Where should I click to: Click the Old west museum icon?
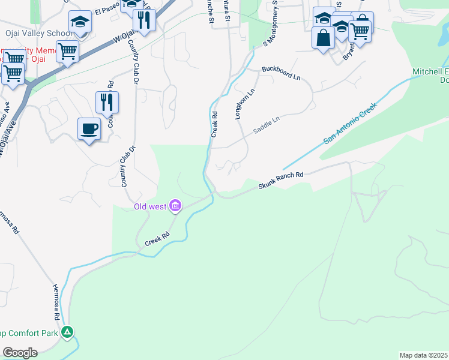tap(175, 207)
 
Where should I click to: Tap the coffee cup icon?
tap(89, 129)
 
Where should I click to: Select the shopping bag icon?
tap(323, 38)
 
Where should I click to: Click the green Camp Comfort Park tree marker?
tap(68, 332)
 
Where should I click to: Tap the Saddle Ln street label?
tap(267, 121)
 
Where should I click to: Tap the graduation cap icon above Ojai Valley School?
tap(79, 23)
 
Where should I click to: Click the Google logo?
tap(20, 352)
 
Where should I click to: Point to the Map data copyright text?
tap(424, 355)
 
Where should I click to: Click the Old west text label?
tap(150, 208)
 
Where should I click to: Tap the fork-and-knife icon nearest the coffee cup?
tap(107, 103)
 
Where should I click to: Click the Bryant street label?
tap(348, 55)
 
